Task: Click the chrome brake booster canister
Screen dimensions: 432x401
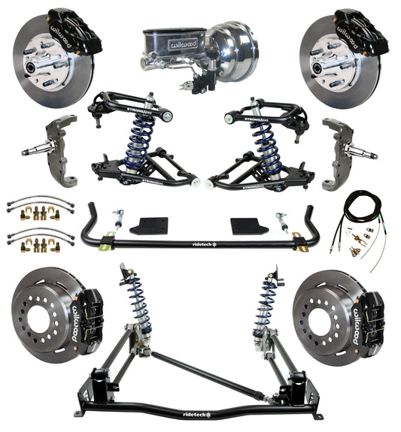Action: click(233, 47)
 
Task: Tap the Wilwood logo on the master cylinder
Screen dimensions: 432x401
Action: click(168, 43)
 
